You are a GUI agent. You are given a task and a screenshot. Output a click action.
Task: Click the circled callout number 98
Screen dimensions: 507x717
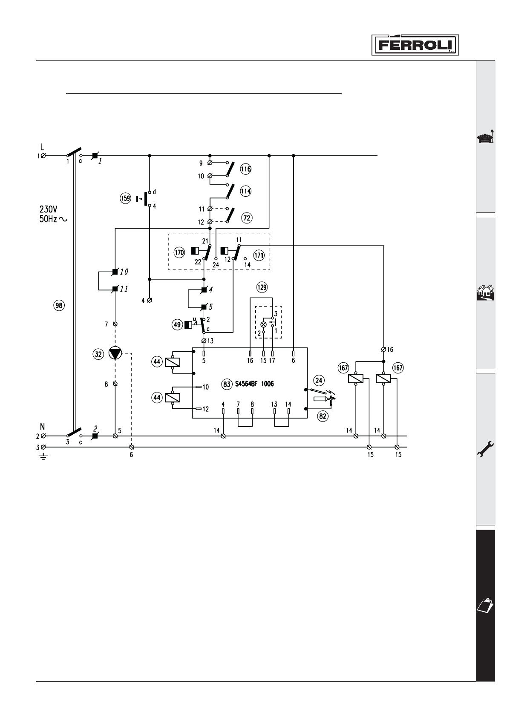tap(60, 305)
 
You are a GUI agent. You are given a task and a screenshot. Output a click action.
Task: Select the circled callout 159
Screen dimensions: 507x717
tap(125, 198)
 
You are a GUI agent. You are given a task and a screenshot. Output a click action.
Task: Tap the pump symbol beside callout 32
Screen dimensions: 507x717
tap(115, 354)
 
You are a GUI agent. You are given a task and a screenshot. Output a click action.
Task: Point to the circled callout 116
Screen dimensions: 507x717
tap(245, 169)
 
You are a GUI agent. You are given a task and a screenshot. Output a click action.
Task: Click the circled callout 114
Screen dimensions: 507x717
tap(245, 191)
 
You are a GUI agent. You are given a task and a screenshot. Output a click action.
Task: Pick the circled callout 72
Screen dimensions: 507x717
tap(246, 218)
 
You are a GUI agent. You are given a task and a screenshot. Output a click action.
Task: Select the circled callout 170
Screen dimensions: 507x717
tap(179, 252)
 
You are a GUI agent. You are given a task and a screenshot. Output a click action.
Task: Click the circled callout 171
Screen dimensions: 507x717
tap(259, 255)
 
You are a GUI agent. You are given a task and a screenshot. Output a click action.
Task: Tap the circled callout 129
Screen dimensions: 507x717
tap(262, 287)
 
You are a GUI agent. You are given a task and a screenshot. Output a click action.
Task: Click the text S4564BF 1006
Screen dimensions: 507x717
tap(254, 384)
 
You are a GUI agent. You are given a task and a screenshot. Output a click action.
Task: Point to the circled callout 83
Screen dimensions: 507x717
tap(227, 384)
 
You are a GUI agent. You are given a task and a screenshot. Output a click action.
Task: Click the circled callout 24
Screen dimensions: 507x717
tap(319, 380)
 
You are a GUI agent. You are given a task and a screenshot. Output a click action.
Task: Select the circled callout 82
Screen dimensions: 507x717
tap(323, 416)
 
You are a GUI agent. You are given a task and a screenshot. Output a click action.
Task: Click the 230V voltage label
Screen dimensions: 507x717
tap(49, 209)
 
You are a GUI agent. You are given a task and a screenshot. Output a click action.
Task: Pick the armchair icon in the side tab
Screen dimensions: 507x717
tap(485, 138)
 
